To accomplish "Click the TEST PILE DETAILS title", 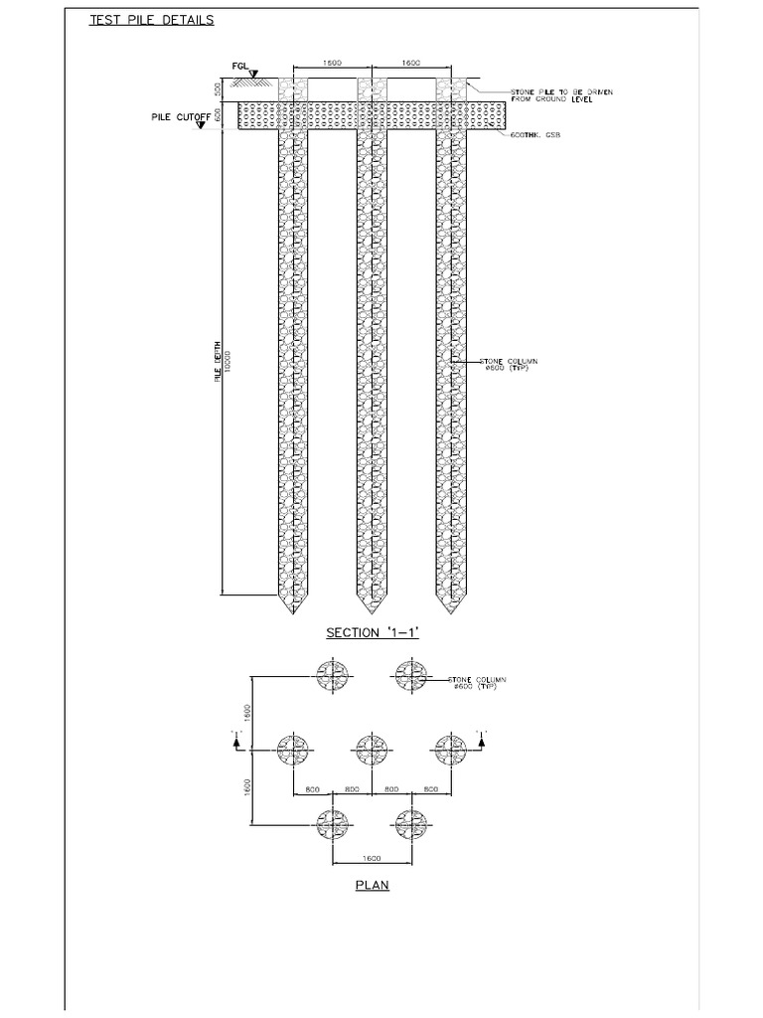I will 151,19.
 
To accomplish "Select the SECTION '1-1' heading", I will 373,632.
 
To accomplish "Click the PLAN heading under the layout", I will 373,885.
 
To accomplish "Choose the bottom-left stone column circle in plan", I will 332,822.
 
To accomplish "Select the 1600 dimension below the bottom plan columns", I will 372,857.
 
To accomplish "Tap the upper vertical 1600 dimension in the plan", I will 249,712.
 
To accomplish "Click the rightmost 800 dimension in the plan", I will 430,788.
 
